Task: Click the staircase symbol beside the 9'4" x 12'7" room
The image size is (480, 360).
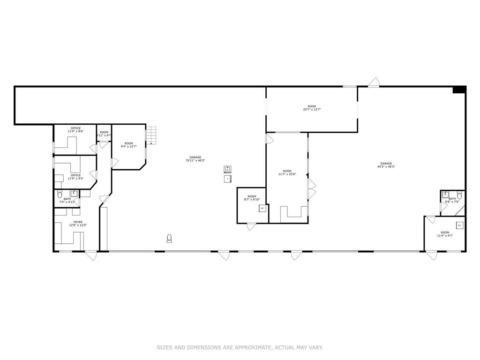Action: pos(150,135)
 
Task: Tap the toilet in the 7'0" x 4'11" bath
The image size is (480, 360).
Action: pos(60,194)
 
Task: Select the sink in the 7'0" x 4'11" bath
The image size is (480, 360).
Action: pos(74,193)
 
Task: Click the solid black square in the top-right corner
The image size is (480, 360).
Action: pos(459,90)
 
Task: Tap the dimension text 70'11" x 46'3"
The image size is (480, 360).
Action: pos(195,161)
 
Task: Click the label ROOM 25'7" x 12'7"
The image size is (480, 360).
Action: pos(312,108)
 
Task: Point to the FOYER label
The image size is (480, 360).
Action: pos(77,222)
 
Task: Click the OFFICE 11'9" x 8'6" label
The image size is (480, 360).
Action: pos(75,130)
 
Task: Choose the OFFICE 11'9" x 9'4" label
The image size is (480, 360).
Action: pos(75,177)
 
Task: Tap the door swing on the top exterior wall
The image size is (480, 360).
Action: pos(374,82)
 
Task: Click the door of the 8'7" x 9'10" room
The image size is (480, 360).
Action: pos(252,226)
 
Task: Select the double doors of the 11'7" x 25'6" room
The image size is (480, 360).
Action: pos(311,188)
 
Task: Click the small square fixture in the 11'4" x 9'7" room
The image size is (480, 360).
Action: pos(459,225)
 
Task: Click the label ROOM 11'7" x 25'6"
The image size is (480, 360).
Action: pos(287,172)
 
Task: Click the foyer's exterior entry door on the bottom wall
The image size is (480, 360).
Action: pos(90,255)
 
